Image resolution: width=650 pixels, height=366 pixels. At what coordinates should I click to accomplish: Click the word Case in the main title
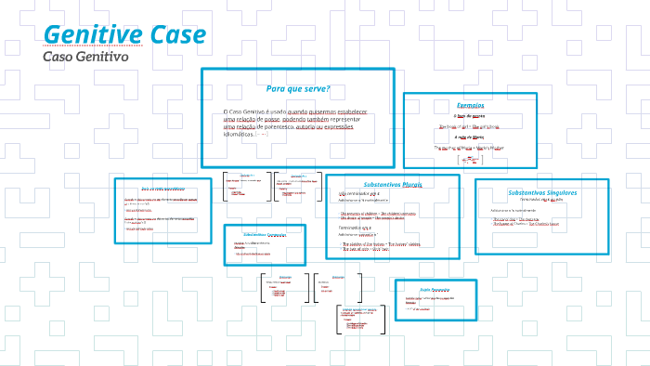click(x=176, y=35)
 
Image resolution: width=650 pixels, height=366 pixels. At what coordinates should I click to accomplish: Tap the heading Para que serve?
click(x=298, y=89)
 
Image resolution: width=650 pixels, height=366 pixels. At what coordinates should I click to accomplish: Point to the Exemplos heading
click(x=471, y=104)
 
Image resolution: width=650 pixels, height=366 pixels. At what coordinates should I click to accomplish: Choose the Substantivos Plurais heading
click(x=392, y=185)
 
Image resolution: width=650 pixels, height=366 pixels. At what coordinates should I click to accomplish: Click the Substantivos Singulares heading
click(x=542, y=192)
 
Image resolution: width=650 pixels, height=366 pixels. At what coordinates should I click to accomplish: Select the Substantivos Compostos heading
click(x=264, y=234)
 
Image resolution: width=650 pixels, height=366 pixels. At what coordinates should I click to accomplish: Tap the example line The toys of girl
click(x=469, y=125)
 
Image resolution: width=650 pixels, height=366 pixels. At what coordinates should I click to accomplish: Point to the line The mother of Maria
click(x=469, y=147)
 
